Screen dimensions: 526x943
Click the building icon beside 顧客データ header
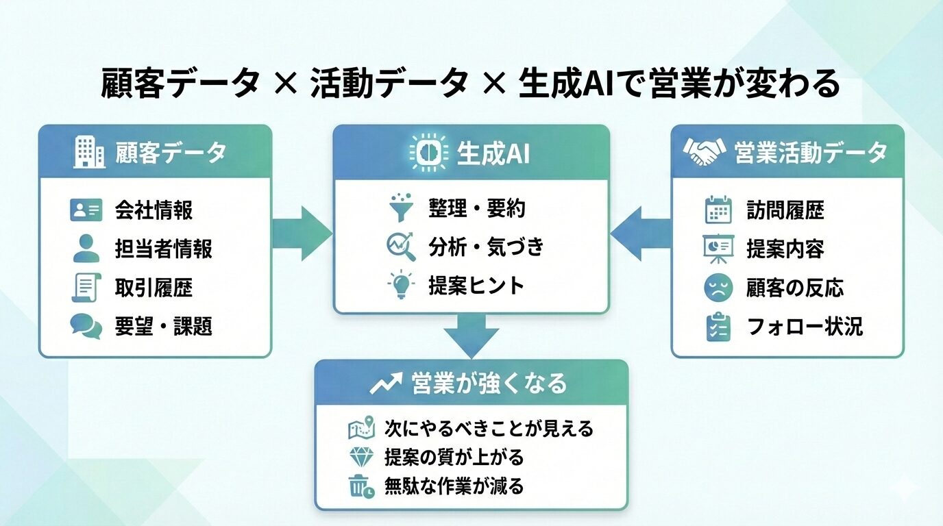[x=89, y=152]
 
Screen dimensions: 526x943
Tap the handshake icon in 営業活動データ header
[x=705, y=152]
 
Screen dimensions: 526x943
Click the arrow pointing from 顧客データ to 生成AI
[x=302, y=233]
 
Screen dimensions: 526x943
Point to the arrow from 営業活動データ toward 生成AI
[x=640, y=233]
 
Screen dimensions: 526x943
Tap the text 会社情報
[x=154, y=210]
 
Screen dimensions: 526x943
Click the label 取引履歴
[x=154, y=288]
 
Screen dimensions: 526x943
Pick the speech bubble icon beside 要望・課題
[x=86, y=326]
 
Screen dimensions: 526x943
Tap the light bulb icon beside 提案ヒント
[x=402, y=285]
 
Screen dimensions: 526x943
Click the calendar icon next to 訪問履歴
[x=718, y=210]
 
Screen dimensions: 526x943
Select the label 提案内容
[x=785, y=249]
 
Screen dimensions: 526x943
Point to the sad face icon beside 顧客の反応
[x=718, y=288]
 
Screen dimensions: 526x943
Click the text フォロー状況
[x=804, y=326]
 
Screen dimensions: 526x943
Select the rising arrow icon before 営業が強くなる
[x=386, y=384]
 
